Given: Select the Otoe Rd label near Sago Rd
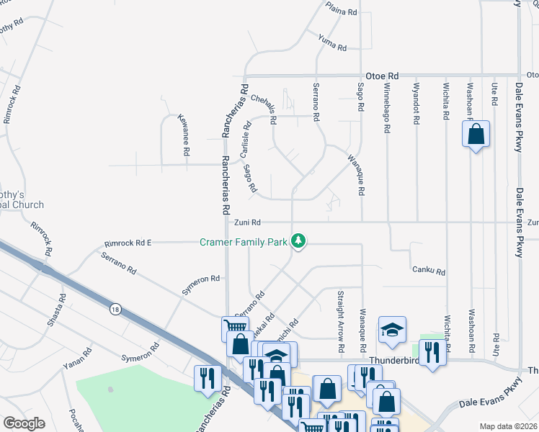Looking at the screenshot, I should tap(383, 75).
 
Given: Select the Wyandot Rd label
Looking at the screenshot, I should tap(416, 104).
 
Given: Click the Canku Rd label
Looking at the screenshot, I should tap(429, 271).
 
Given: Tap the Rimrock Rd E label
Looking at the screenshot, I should tap(128, 243).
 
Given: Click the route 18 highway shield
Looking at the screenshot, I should tap(115, 309).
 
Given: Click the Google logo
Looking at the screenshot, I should tap(24, 423).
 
